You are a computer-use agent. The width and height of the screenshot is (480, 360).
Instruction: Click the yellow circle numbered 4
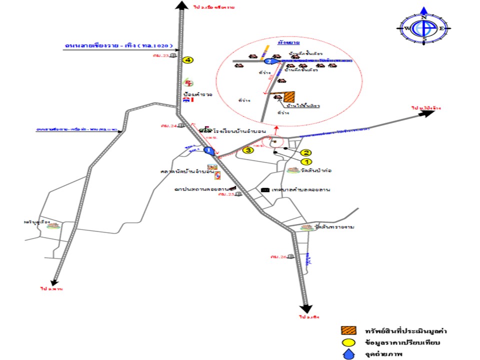pos(187,60)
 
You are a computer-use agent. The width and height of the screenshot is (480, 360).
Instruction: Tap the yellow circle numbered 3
pos(246,149)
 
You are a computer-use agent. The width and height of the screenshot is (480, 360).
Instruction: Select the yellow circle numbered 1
pos(306,161)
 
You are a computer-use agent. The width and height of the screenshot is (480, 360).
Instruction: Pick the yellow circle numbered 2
pos(306,152)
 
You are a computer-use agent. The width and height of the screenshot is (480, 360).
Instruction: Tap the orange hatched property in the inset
pos(289,96)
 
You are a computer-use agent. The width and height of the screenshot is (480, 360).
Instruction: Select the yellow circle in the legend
pos(348,343)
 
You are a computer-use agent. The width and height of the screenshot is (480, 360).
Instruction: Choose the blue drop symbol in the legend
pos(348,354)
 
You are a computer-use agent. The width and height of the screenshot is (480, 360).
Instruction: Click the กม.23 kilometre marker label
pos(161,55)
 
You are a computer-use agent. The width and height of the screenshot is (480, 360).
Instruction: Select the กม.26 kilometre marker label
pos(277,257)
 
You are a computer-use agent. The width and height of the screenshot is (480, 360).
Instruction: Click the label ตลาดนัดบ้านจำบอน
pos(187,171)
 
